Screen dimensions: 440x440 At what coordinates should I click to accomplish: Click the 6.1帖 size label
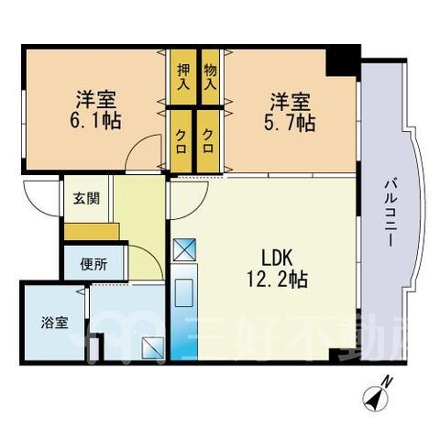95,120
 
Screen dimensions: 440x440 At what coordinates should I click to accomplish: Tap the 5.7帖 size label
289,123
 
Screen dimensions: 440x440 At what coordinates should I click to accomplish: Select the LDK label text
278,258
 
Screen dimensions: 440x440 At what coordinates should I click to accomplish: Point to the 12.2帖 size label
277,280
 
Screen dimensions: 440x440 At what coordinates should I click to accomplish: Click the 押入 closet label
183,76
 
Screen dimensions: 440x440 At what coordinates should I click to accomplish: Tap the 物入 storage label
210,76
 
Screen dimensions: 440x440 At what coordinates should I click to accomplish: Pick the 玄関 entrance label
86,199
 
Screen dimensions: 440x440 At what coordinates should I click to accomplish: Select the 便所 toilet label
93,264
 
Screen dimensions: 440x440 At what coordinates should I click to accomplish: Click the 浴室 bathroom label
54,323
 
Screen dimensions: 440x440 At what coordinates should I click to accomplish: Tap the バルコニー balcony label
390,214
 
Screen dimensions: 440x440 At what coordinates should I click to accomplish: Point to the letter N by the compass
388,382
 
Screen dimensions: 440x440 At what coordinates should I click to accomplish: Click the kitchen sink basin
183,292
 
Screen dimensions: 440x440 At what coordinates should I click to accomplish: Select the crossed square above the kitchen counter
184,249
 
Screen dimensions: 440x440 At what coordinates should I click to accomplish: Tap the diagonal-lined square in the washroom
152,347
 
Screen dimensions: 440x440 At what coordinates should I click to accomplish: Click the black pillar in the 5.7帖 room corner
343,60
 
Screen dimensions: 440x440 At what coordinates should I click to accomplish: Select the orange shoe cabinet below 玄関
92,232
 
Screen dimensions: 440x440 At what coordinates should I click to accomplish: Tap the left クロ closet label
181,141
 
